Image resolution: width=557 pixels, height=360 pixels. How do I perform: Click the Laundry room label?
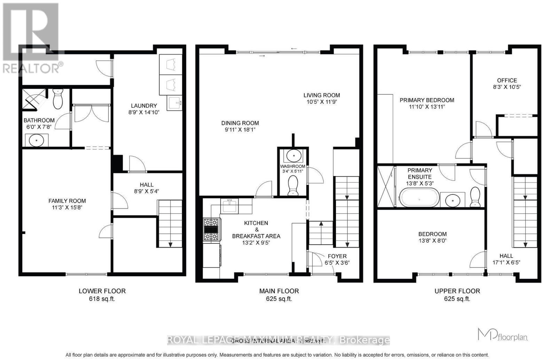pos(144,106)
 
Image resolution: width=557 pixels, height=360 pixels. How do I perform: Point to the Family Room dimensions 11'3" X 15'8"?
pos(67,207)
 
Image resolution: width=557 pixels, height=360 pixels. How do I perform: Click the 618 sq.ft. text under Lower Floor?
pos(102,299)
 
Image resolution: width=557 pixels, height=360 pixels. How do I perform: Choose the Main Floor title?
pos(279,291)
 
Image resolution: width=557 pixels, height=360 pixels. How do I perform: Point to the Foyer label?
pos(337,256)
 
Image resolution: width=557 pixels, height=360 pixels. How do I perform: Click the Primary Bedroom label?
pos(427,100)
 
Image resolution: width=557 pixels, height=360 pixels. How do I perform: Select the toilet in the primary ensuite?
pos(475,197)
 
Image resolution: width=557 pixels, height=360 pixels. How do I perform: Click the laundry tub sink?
pos(174,103)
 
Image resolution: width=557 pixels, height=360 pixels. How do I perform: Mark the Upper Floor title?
pos(457,291)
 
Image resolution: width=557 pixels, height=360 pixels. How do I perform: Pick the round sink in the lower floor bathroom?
pos(36,141)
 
